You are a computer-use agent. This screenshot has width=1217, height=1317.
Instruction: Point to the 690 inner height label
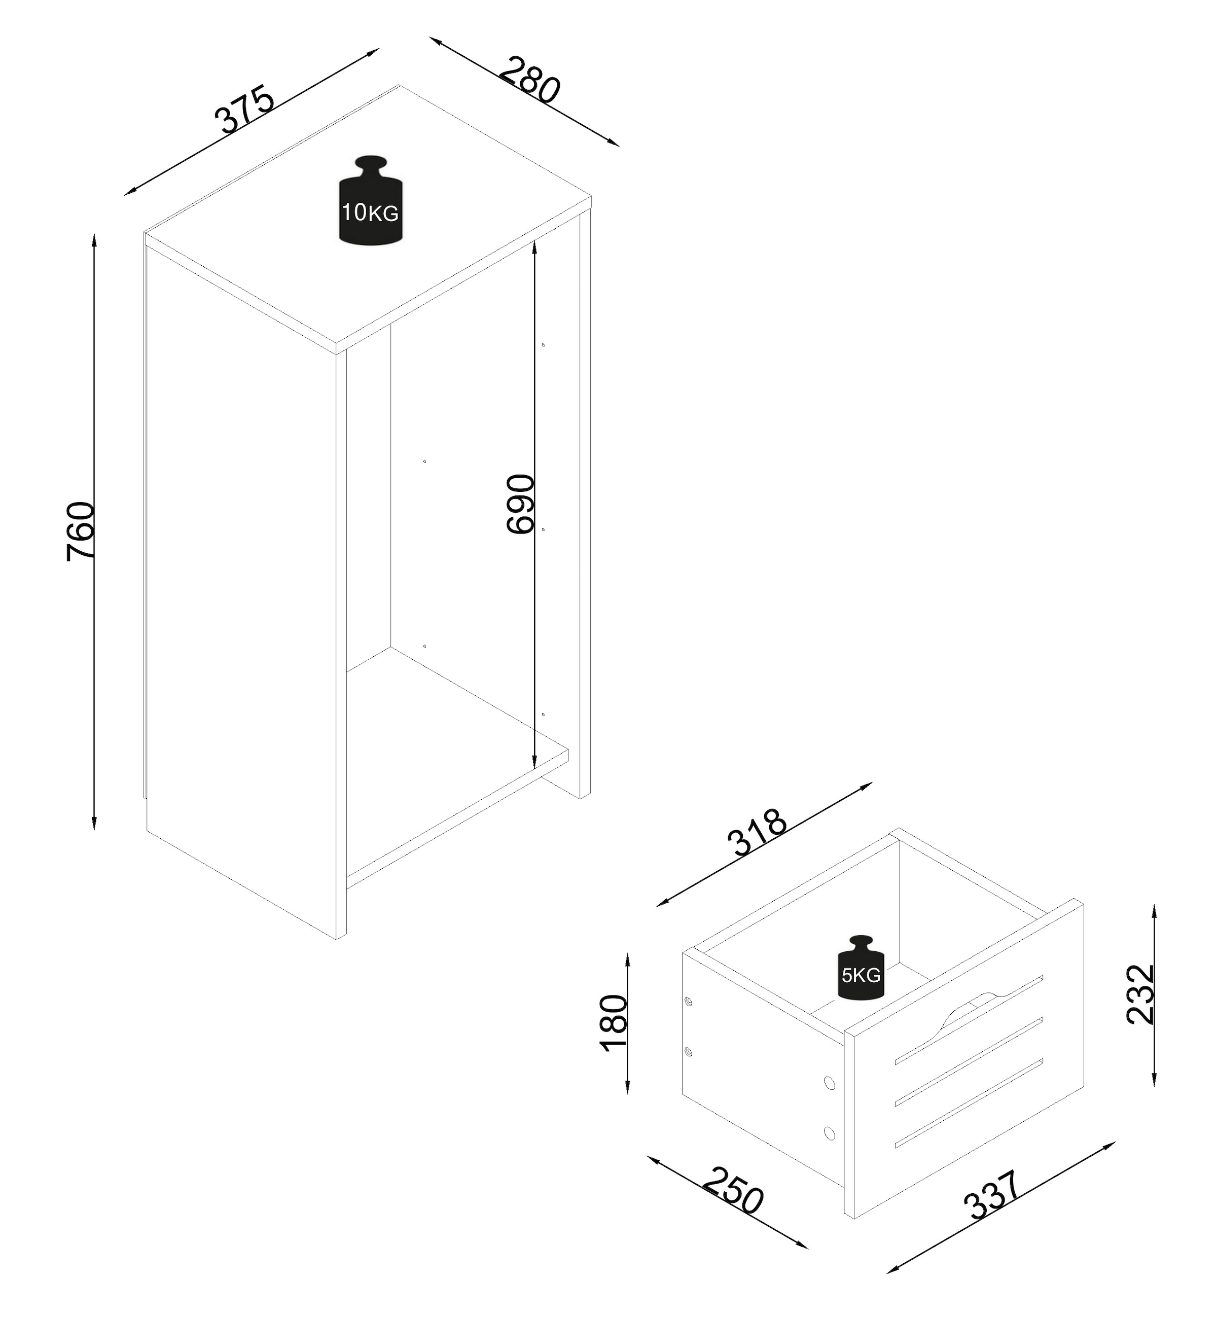[520, 503]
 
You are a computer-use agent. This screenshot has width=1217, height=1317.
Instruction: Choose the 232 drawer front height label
[1140, 994]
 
